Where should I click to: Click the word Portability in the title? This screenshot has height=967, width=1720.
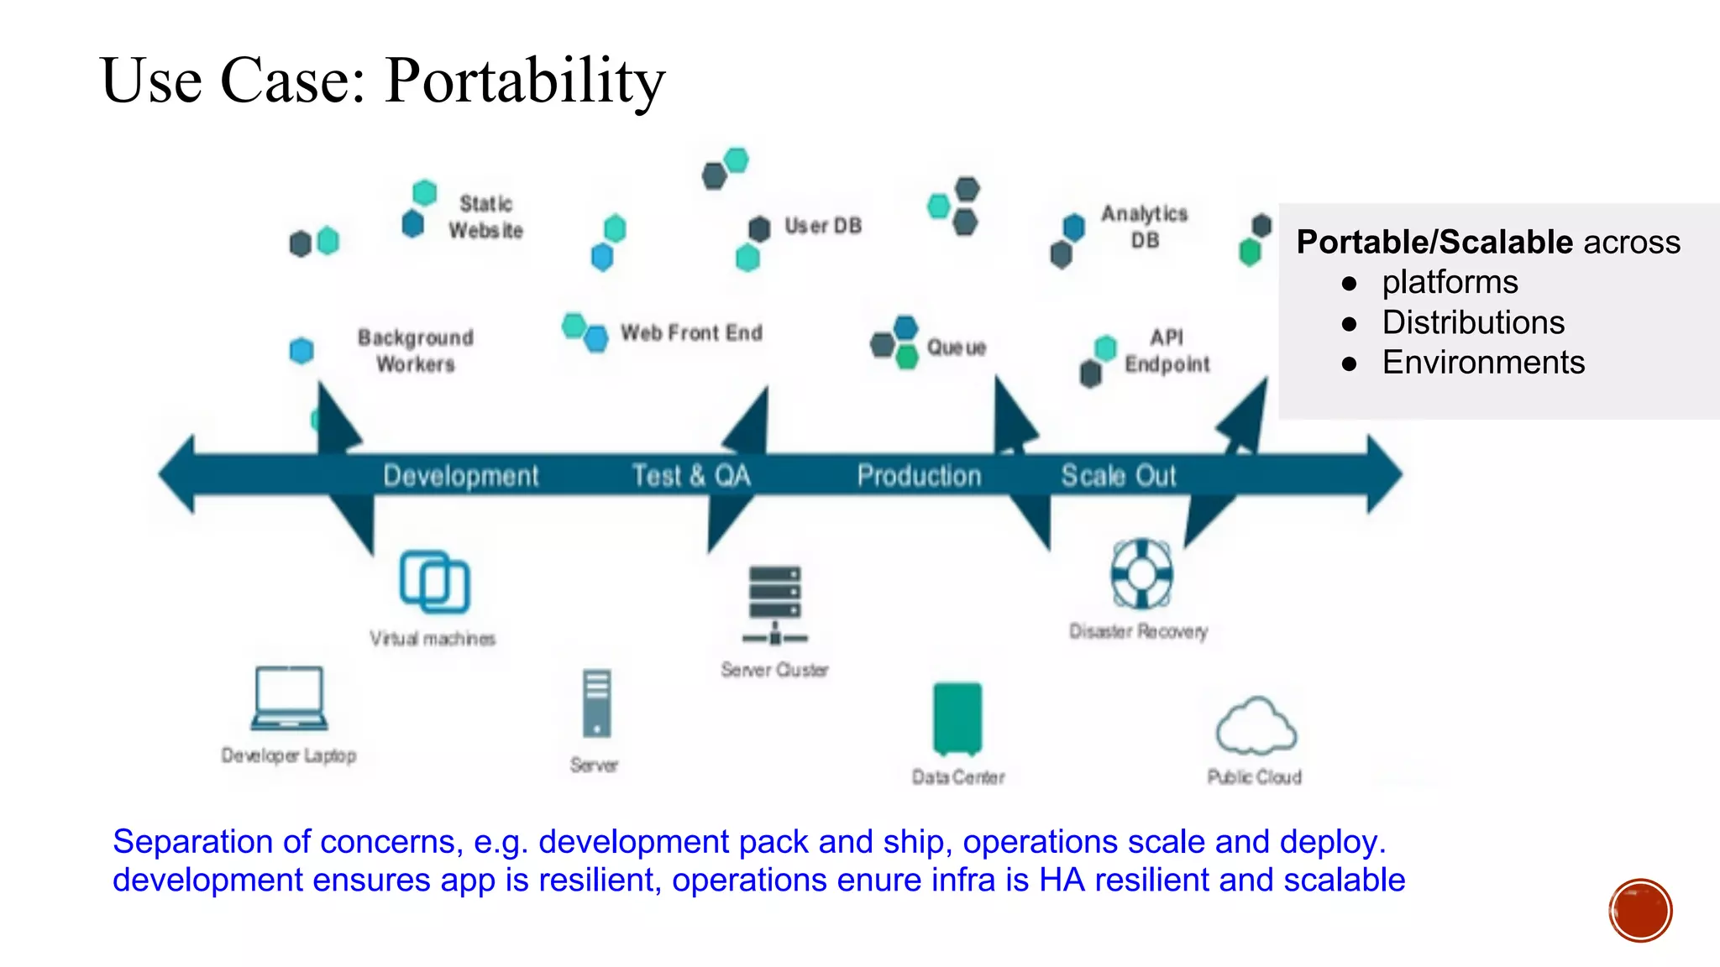tap(525, 81)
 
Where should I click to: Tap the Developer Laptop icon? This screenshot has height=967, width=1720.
tap(289, 698)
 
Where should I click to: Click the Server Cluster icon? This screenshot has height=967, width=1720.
tap(775, 605)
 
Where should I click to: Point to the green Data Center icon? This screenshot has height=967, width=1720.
tap(957, 719)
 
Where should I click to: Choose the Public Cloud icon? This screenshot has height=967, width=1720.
tap(1256, 727)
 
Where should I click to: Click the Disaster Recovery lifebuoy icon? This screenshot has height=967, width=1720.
tap(1141, 574)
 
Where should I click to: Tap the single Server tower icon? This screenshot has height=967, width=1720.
tap(596, 703)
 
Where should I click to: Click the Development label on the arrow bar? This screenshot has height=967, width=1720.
tap(460, 476)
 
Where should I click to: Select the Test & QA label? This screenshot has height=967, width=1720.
tap(691, 476)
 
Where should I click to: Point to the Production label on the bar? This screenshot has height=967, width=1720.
tap(919, 476)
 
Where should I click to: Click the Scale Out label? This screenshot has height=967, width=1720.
tap(1118, 476)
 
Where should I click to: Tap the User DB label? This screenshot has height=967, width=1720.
tap(823, 226)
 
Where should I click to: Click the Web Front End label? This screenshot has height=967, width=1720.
tap(691, 333)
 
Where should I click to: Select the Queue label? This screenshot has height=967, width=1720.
tap(956, 348)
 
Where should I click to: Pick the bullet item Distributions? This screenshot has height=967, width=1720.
tap(1473, 322)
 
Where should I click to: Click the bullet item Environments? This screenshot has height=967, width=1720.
tap(1483, 363)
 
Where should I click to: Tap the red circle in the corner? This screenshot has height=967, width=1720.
tap(1640, 911)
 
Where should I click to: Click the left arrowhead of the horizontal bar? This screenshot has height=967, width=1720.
tap(178, 474)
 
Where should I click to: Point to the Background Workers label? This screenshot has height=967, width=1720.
tap(416, 350)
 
